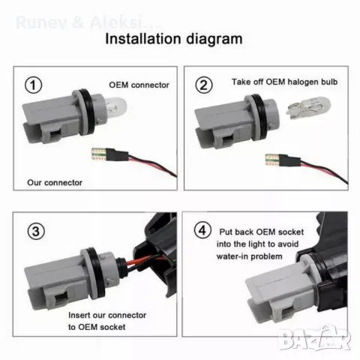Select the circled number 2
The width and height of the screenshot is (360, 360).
click(203, 85)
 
